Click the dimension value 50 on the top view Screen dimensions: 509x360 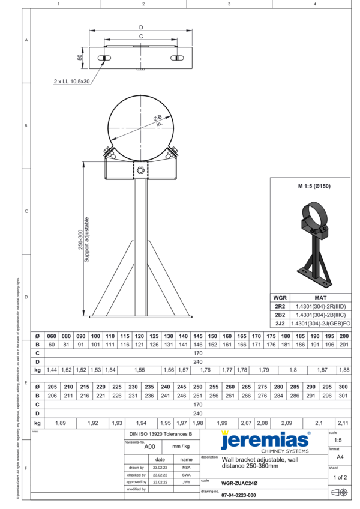[x=80, y=57]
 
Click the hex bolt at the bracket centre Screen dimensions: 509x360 [x=140, y=170]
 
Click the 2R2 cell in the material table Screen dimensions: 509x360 [x=280, y=306]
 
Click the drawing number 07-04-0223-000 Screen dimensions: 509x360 [x=239, y=495]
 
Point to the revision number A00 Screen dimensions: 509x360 [x=150, y=447]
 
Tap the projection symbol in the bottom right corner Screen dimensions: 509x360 [x=339, y=493]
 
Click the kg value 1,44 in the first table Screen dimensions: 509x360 [x=52, y=370]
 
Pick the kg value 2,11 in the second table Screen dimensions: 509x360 [x=343, y=423]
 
